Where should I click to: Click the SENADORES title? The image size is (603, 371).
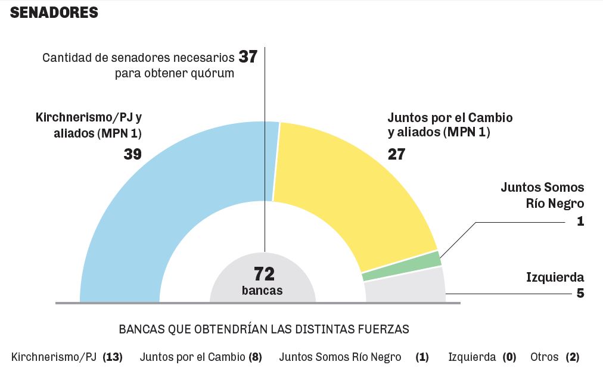[x=54, y=13]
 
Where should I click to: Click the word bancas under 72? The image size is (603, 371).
[x=262, y=291]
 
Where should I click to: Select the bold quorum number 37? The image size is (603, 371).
[x=247, y=57]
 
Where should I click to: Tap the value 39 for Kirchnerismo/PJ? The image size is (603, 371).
[x=132, y=154]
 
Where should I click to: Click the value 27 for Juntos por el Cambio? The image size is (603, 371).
[x=396, y=154]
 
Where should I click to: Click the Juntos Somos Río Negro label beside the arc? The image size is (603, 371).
[x=542, y=195]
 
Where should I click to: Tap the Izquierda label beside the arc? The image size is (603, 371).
[x=555, y=277]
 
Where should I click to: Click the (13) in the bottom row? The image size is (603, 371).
[x=112, y=357]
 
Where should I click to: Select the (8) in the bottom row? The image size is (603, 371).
[x=255, y=357]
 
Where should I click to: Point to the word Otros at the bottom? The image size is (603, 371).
[x=544, y=357]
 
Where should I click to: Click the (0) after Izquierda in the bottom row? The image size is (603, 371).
[x=509, y=357]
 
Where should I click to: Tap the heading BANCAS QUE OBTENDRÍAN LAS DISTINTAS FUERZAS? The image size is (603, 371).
[x=264, y=329]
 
